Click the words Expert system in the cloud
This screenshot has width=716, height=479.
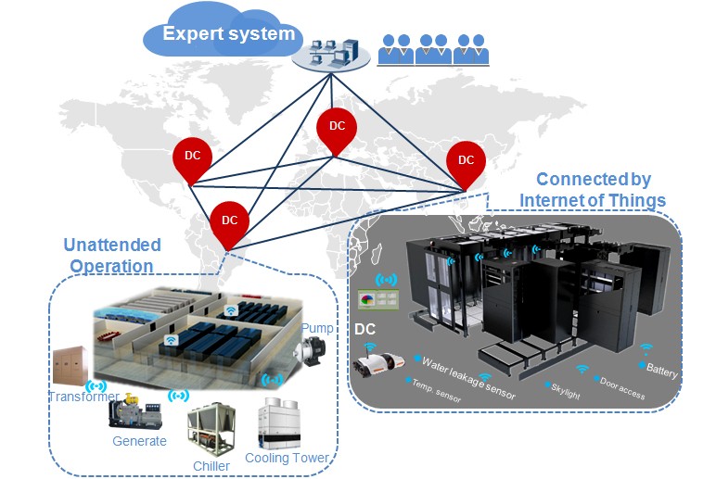click(x=228, y=34)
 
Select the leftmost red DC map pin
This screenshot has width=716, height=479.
click(x=192, y=157)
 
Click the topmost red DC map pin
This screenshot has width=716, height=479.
click(x=337, y=128)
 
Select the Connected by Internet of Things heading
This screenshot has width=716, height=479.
click(x=593, y=190)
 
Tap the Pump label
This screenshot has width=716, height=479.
click(x=316, y=328)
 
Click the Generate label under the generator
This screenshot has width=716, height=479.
click(x=139, y=441)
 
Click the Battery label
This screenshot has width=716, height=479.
click(x=662, y=372)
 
